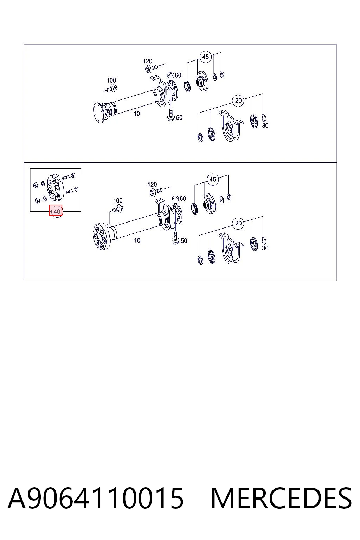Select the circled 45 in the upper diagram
click(205, 57)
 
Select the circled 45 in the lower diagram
click(212, 179)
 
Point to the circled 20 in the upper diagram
click(238, 100)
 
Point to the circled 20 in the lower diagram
click(238, 223)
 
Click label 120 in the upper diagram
click(148, 61)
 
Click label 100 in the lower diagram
click(118, 201)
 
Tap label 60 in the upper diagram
click(178, 76)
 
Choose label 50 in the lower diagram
click(184, 240)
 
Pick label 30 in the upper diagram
click(265, 126)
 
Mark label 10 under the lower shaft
click(137, 240)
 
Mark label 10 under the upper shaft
click(137, 114)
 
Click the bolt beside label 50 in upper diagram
click(171, 115)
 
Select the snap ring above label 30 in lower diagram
click(264, 240)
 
